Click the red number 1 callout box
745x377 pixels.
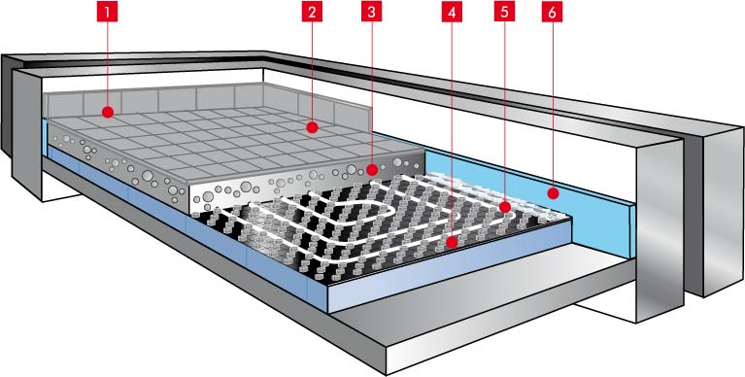tap(108, 13)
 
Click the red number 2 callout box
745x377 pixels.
tap(312, 13)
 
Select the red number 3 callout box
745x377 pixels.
tap(371, 13)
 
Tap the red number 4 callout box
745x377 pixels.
tap(452, 13)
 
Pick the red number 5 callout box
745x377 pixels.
tap(504, 13)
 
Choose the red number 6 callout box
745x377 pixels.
tap(552, 13)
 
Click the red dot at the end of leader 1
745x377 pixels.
tap(108, 112)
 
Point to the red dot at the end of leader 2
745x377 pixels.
tap(312, 127)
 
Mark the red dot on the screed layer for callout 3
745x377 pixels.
tap(372, 169)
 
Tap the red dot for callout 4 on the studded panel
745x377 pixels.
tap(452, 242)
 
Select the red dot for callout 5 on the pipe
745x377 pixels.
tap(505, 207)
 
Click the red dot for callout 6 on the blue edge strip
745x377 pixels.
tap(552, 193)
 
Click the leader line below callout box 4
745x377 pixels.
tap(452, 129)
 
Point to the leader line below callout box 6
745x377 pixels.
tap(552, 105)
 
